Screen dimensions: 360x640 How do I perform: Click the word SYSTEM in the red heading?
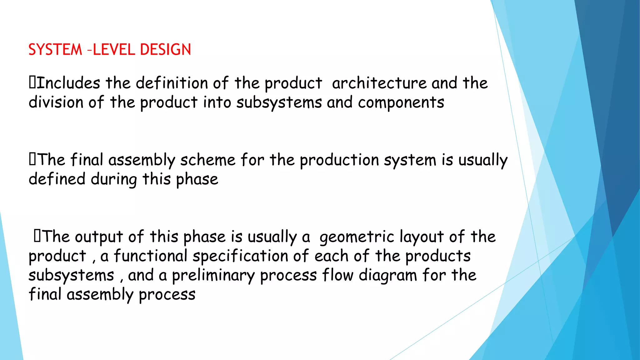coord(55,50)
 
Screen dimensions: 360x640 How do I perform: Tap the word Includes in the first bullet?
coord(68,83)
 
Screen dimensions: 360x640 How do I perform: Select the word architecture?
coord(379,83)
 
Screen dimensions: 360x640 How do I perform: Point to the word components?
coord(401,103)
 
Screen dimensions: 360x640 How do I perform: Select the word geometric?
coord(357,237)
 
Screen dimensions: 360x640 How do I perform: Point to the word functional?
coord(150,256)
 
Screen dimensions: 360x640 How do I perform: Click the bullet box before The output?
coord(37,236)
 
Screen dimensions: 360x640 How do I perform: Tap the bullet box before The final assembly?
coord(32,159)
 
